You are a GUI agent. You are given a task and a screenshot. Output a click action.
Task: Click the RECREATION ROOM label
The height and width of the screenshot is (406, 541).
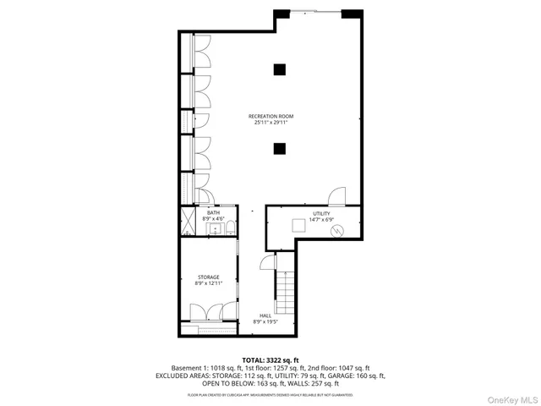(271, 116)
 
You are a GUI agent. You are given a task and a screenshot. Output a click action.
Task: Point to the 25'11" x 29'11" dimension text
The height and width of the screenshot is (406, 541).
(271, 123)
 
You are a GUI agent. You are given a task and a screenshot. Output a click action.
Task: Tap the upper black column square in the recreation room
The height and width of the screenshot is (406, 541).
(279, 69)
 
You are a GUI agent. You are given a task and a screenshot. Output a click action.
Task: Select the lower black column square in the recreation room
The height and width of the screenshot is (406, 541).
(279, 149)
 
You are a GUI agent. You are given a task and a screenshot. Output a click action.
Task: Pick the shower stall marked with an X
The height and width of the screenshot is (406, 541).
(187, 221)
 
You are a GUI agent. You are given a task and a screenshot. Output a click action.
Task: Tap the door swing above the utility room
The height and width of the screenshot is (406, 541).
(336, 195)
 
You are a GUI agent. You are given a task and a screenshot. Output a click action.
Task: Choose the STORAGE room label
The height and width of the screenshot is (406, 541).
(209, 277)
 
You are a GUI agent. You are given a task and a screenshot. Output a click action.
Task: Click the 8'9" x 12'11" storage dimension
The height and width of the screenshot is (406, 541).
(209, 284)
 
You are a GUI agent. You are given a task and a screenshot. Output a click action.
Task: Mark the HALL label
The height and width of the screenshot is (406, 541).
(265, 315)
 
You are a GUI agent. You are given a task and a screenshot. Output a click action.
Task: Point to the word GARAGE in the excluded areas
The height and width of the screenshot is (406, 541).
(356, 376)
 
